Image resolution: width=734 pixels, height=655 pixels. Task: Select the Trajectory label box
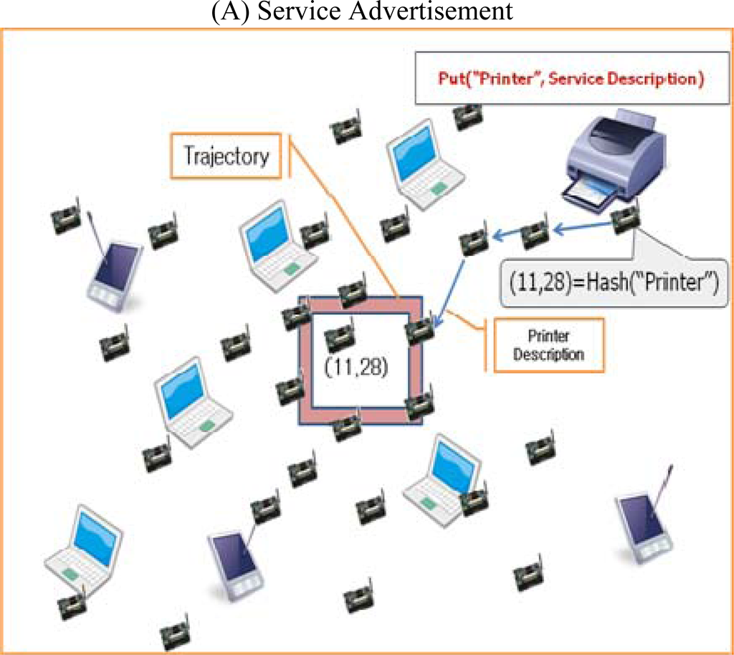(x=226, y=156)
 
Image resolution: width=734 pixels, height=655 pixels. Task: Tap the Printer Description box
(x=548, y=345)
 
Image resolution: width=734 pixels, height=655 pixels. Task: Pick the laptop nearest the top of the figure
(x=424, y=163)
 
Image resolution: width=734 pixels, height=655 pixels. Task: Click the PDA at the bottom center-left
(x=234, y=563)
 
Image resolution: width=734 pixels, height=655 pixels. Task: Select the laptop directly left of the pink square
(x=191, y=402)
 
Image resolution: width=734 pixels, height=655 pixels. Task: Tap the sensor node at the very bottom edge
(x=174, y=635)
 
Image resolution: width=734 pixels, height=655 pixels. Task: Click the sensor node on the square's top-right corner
(x=419, y=330)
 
